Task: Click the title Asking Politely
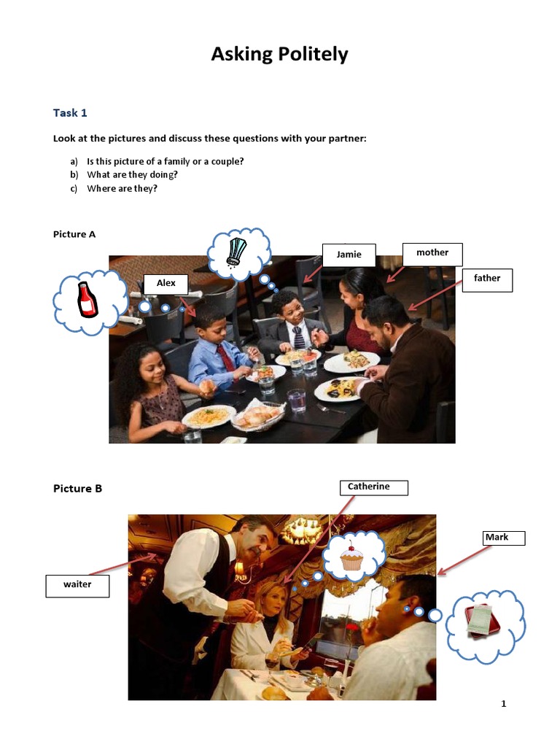[280, 54]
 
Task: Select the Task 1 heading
[70, 112]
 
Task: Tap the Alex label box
[166, 284]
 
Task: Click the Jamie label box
[349, 255]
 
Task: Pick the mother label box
[432, 253]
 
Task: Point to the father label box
[487, 279]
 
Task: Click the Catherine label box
[373, 487]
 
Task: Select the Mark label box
[503, 538]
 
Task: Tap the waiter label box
[77, 586]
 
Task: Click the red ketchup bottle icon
[87, 300]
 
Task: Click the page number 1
[503, 704]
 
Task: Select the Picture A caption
[74, 234]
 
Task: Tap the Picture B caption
[77, 489]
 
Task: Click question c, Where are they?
[122, 188]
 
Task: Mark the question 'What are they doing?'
[132, 174]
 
